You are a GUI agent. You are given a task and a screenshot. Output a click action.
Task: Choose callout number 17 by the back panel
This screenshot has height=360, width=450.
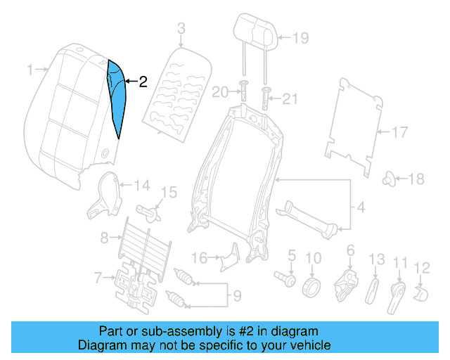click(399, 131)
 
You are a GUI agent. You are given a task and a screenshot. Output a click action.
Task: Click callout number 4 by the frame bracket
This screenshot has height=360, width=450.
click(361, 207)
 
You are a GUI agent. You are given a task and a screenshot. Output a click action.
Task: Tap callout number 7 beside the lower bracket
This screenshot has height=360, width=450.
click(99, 278)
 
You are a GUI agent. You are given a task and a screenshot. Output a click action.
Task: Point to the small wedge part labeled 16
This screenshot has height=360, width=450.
click(229, 257)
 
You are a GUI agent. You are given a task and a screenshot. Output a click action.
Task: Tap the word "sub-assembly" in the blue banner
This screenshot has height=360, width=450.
click(174, 331)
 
